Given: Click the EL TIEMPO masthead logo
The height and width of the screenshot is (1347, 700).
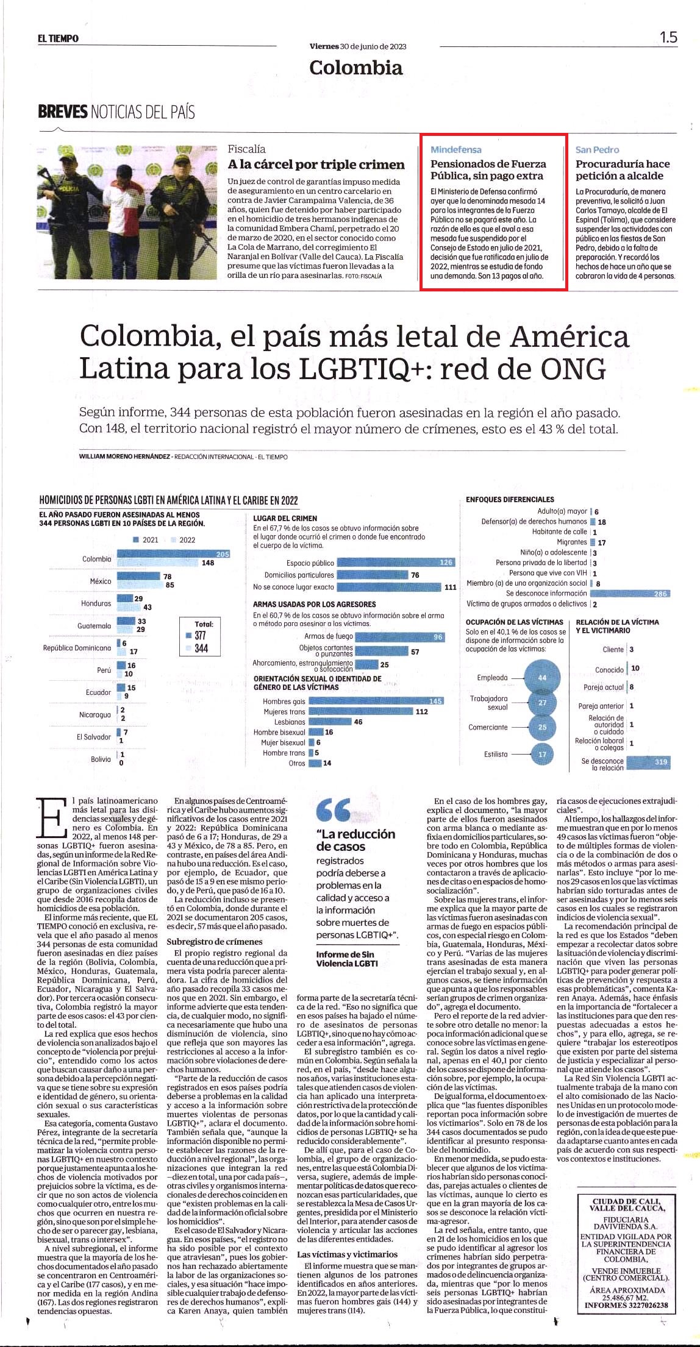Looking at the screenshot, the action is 58,38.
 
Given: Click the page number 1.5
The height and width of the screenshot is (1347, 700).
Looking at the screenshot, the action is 668,37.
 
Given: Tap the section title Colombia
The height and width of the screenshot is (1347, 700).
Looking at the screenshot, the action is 356,67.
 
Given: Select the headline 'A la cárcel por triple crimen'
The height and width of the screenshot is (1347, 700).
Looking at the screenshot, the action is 316,165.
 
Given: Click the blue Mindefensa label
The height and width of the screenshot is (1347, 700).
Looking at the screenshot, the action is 456,149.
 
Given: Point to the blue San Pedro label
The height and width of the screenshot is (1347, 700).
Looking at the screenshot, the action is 597,149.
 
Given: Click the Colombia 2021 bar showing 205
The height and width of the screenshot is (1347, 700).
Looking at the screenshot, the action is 174,553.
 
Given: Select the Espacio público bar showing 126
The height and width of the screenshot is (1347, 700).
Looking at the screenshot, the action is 396,563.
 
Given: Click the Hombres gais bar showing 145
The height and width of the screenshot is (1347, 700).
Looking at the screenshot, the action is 376,702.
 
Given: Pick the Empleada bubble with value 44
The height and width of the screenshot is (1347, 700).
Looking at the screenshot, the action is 542,678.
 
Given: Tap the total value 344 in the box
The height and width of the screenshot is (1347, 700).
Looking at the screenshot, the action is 201,648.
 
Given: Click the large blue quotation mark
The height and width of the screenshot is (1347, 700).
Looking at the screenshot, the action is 333,811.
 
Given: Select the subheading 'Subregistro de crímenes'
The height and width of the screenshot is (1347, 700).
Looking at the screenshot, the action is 215,942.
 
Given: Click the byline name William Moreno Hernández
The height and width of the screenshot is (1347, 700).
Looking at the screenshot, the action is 125,457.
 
